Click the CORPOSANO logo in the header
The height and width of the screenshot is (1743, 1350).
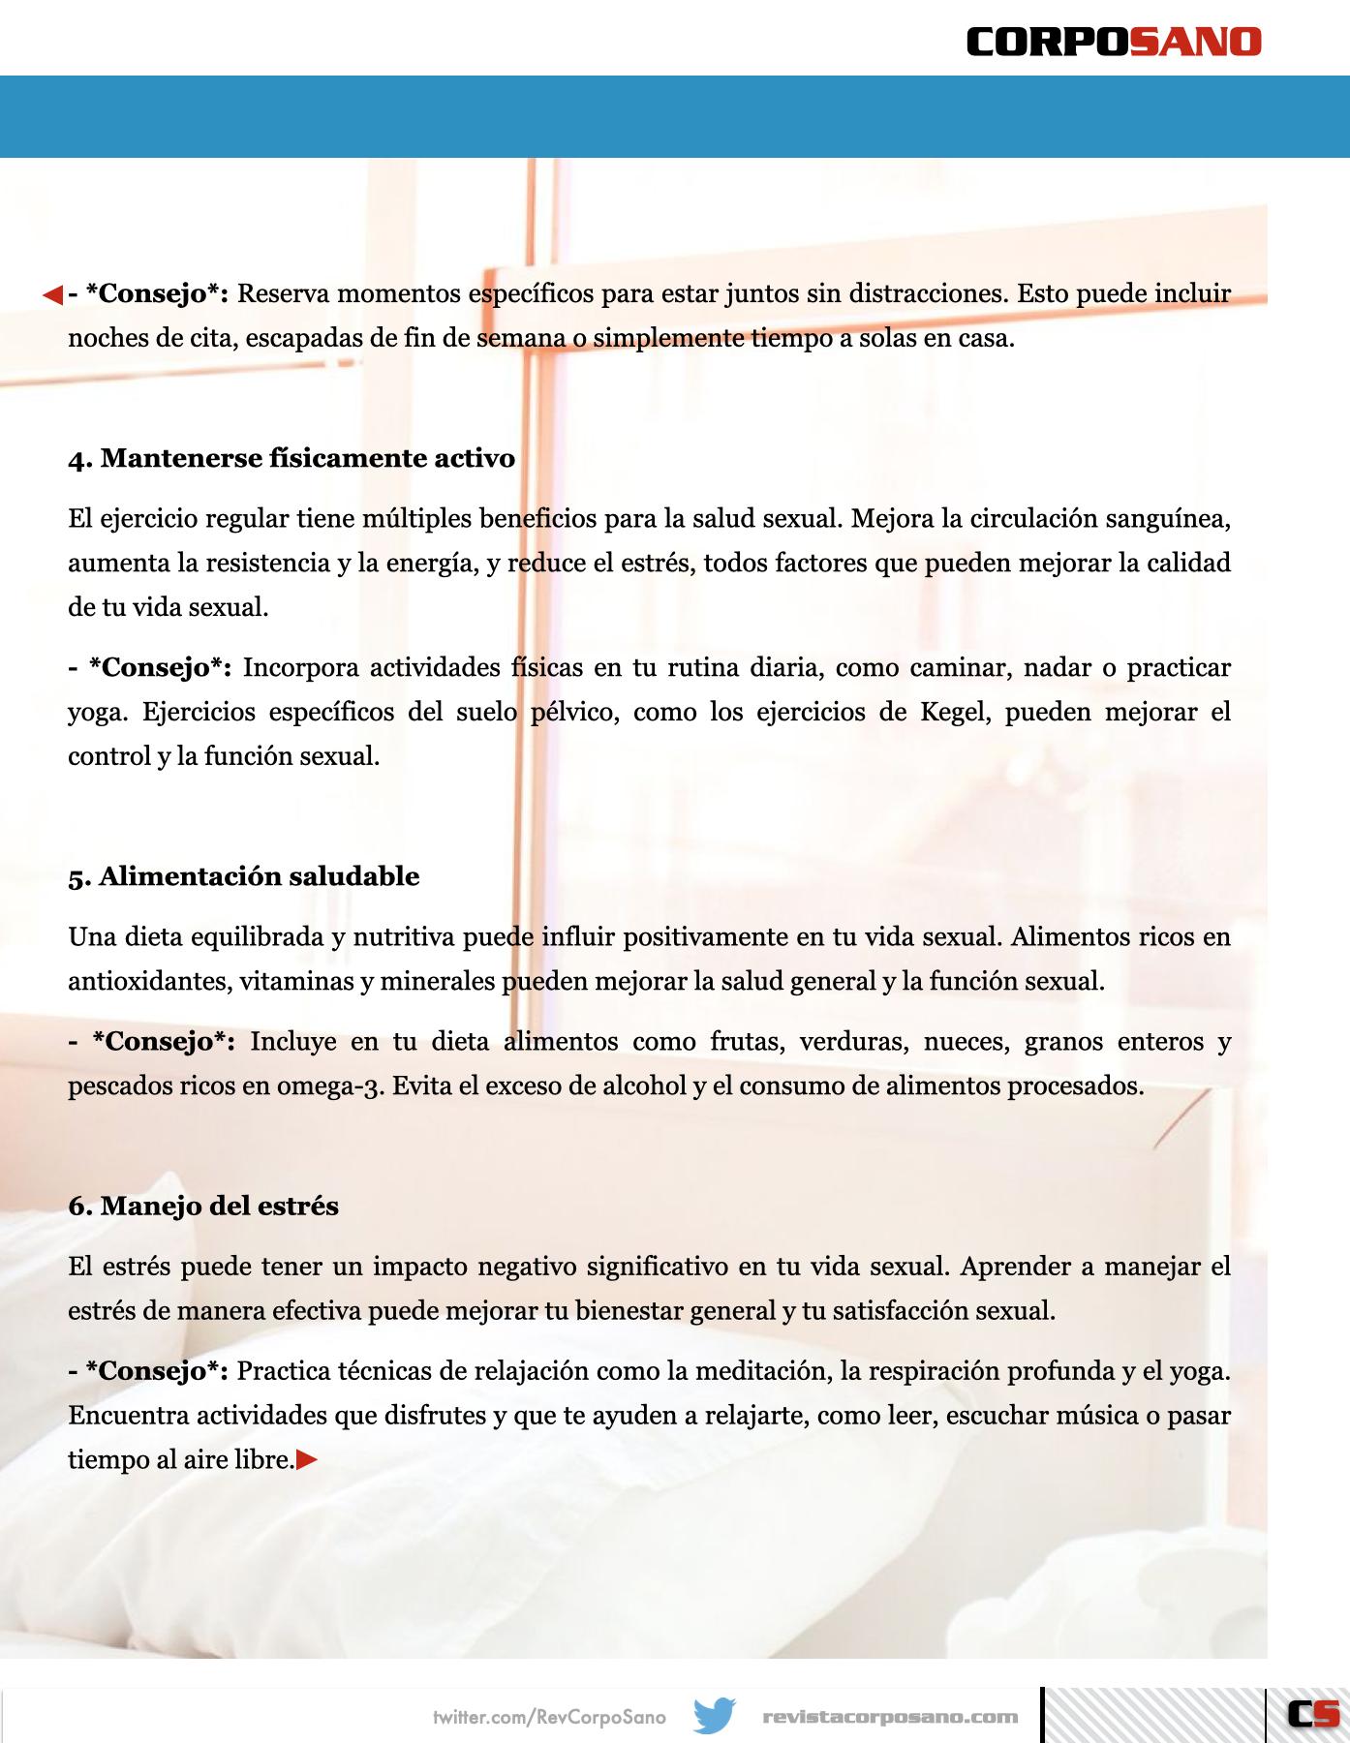pyautogui.click(x=1114, y=42)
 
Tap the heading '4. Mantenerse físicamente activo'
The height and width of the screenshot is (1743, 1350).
pyautogui.click(x=291, y=458)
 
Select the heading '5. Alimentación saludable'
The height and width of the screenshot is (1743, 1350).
pyautogui.click(x=244, y=876)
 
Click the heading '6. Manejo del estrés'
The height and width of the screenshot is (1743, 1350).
pyautogui.click(x=203, y=1206)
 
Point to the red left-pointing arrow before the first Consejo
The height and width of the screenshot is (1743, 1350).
pyautogui.click(x=52, y=294)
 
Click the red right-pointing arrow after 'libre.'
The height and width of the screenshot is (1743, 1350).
pyautogui.click(x=307, y=1459)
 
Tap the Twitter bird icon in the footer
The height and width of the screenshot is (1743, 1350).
pyautogui.click(x=715, y=1716)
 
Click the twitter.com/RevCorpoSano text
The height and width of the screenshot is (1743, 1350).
pyautogui.click(x=549, y=1717)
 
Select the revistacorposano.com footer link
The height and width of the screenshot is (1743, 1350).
pyautogui.click(x=890, y=1717)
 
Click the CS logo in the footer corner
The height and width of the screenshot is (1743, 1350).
pyautogui.click(x=1312, y=1714)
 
